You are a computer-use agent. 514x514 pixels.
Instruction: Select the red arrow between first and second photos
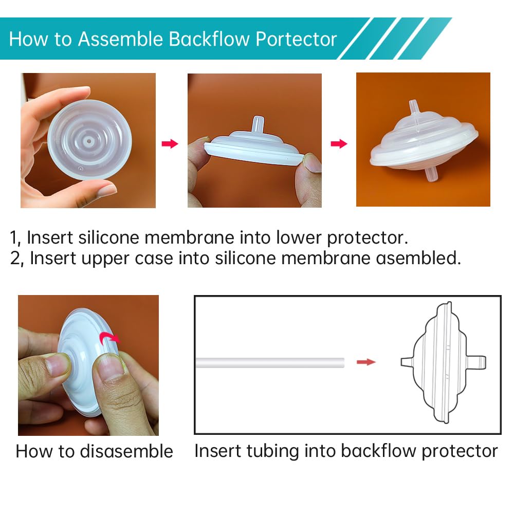click(x=170, y=143)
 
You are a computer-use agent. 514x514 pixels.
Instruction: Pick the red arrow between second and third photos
click(x=339, y=143)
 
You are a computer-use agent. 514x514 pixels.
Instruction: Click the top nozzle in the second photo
click(x=255, y=125)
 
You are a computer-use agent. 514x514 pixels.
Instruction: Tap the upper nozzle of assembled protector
click(x=414, y=109)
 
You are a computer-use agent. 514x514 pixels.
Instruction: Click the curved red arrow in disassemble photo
click(x=109, y=338)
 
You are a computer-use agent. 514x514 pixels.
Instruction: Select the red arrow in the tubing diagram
click(x=366, y=362)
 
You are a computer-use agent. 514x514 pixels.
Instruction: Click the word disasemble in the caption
click(x=126, y=451)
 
